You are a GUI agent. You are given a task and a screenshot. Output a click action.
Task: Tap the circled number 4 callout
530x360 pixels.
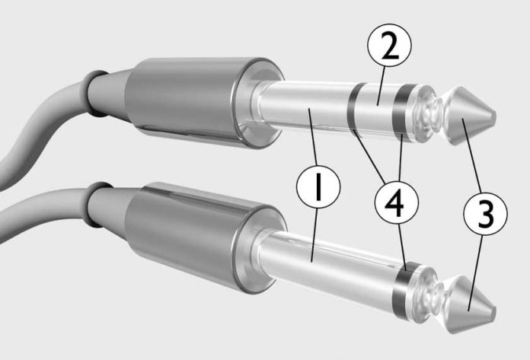coord(397,201)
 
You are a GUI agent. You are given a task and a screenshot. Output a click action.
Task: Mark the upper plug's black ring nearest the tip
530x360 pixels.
coord(399,115)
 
